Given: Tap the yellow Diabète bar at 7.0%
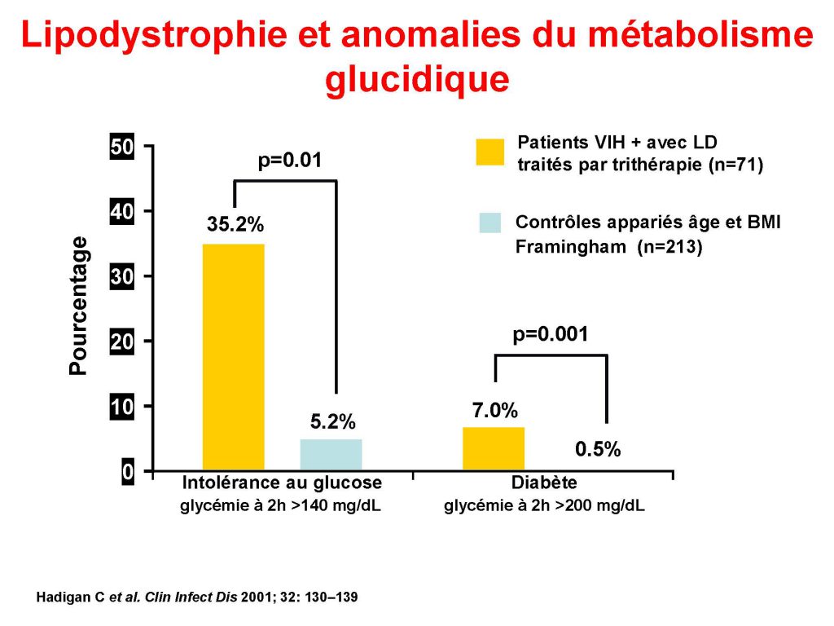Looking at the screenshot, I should click(x=494, y=448).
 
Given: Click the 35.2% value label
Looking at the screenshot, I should click(x=235, y=225).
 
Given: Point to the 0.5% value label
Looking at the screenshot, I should click(x=598, y=449).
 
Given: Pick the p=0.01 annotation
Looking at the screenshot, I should click(x=290, y=161).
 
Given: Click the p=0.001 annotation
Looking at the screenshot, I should click(x=550, y=334).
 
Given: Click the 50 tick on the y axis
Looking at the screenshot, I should click(x=121, y=148).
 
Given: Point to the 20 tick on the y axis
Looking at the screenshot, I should click(x=121, y=342).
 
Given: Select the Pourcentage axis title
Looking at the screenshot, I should click(x=78, y=305).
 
